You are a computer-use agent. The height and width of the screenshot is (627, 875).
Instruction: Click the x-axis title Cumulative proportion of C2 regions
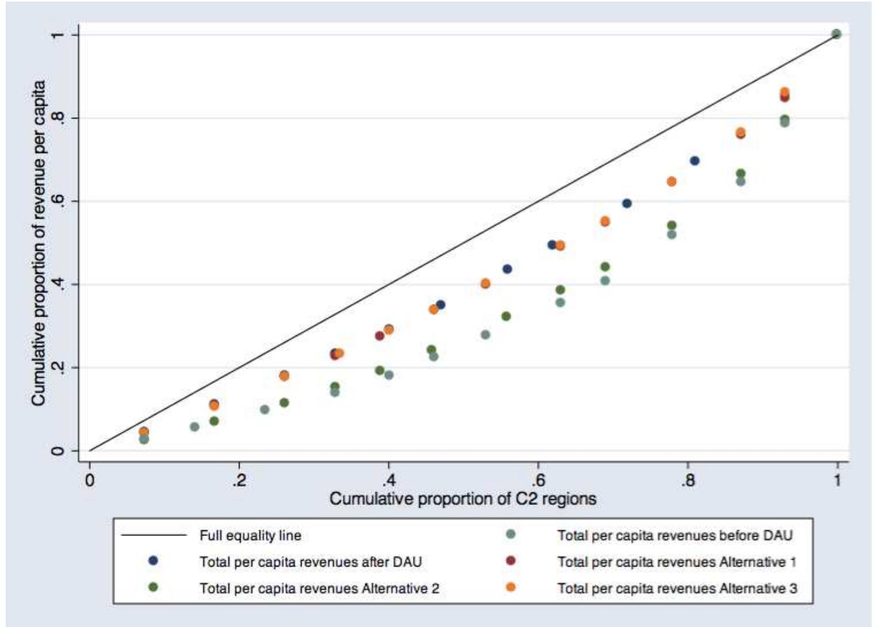point(462,498)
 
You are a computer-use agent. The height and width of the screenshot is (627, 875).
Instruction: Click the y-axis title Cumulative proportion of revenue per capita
point(38,243)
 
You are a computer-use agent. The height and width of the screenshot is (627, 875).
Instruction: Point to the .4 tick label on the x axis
point(388,480)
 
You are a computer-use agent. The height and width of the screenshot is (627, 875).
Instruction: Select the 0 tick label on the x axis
point(90,480)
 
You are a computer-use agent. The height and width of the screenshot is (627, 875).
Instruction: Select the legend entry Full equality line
point(250,535)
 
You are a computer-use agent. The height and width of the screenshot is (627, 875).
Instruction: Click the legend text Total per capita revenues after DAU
point(310,562)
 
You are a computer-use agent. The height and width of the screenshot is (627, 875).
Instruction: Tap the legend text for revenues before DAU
point(675,535)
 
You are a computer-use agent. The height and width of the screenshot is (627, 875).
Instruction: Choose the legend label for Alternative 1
point(677,562)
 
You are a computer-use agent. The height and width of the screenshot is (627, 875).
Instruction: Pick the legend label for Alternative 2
point(319,588)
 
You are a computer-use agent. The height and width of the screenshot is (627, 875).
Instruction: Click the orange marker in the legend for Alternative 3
point(510,587)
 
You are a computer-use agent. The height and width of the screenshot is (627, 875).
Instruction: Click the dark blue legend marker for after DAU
point(153,561)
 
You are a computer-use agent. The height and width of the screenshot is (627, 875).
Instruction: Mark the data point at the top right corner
point(837,34)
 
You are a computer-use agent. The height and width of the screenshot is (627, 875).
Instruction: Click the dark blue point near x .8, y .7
point(694,160)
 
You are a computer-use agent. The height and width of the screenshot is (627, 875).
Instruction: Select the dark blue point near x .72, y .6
point(626,203)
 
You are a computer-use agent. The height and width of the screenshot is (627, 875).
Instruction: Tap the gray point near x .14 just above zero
point(194,427)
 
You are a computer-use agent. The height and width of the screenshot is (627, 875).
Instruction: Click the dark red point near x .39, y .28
point(379,336)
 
